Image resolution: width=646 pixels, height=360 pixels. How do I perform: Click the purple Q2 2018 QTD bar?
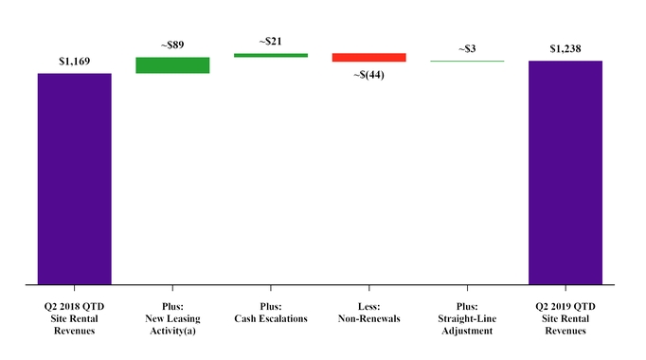74,178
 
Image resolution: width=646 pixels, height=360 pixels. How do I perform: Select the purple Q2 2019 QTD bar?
565,172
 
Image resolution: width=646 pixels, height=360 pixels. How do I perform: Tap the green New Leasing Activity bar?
172,65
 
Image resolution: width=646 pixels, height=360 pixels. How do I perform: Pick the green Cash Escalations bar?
271,55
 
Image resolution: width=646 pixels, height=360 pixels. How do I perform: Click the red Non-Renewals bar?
368,58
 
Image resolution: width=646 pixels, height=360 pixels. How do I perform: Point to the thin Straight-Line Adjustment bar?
467,62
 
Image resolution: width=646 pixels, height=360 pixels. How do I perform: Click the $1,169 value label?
74,62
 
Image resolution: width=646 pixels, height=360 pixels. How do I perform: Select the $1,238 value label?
565,47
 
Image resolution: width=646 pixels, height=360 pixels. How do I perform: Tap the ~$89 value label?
172,45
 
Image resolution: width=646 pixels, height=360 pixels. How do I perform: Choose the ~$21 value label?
271,41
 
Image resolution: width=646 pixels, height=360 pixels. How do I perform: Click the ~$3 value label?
467,48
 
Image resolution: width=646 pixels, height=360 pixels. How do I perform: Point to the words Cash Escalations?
271,318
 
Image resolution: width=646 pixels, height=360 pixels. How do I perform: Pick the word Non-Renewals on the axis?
368,318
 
